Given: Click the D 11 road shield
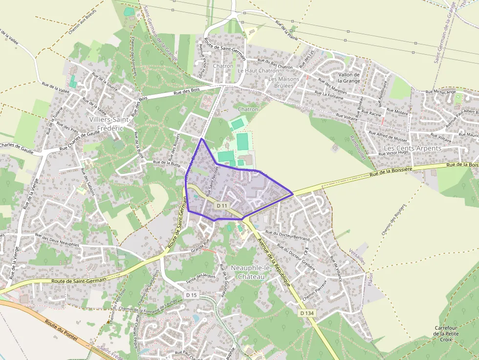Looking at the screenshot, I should pos(221,206).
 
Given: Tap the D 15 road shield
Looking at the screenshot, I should pos(192,295).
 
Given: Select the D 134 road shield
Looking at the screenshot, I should pos(306,313).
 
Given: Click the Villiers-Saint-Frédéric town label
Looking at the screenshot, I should pos(109,123).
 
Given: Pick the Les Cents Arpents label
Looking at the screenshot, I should pos(413,148).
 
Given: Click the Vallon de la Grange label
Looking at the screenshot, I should pos(349,78).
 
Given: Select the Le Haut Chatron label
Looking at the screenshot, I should pos(258,70).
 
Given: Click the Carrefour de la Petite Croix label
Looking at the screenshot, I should pos(445,334).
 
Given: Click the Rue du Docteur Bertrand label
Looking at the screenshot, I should pos(287,235).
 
